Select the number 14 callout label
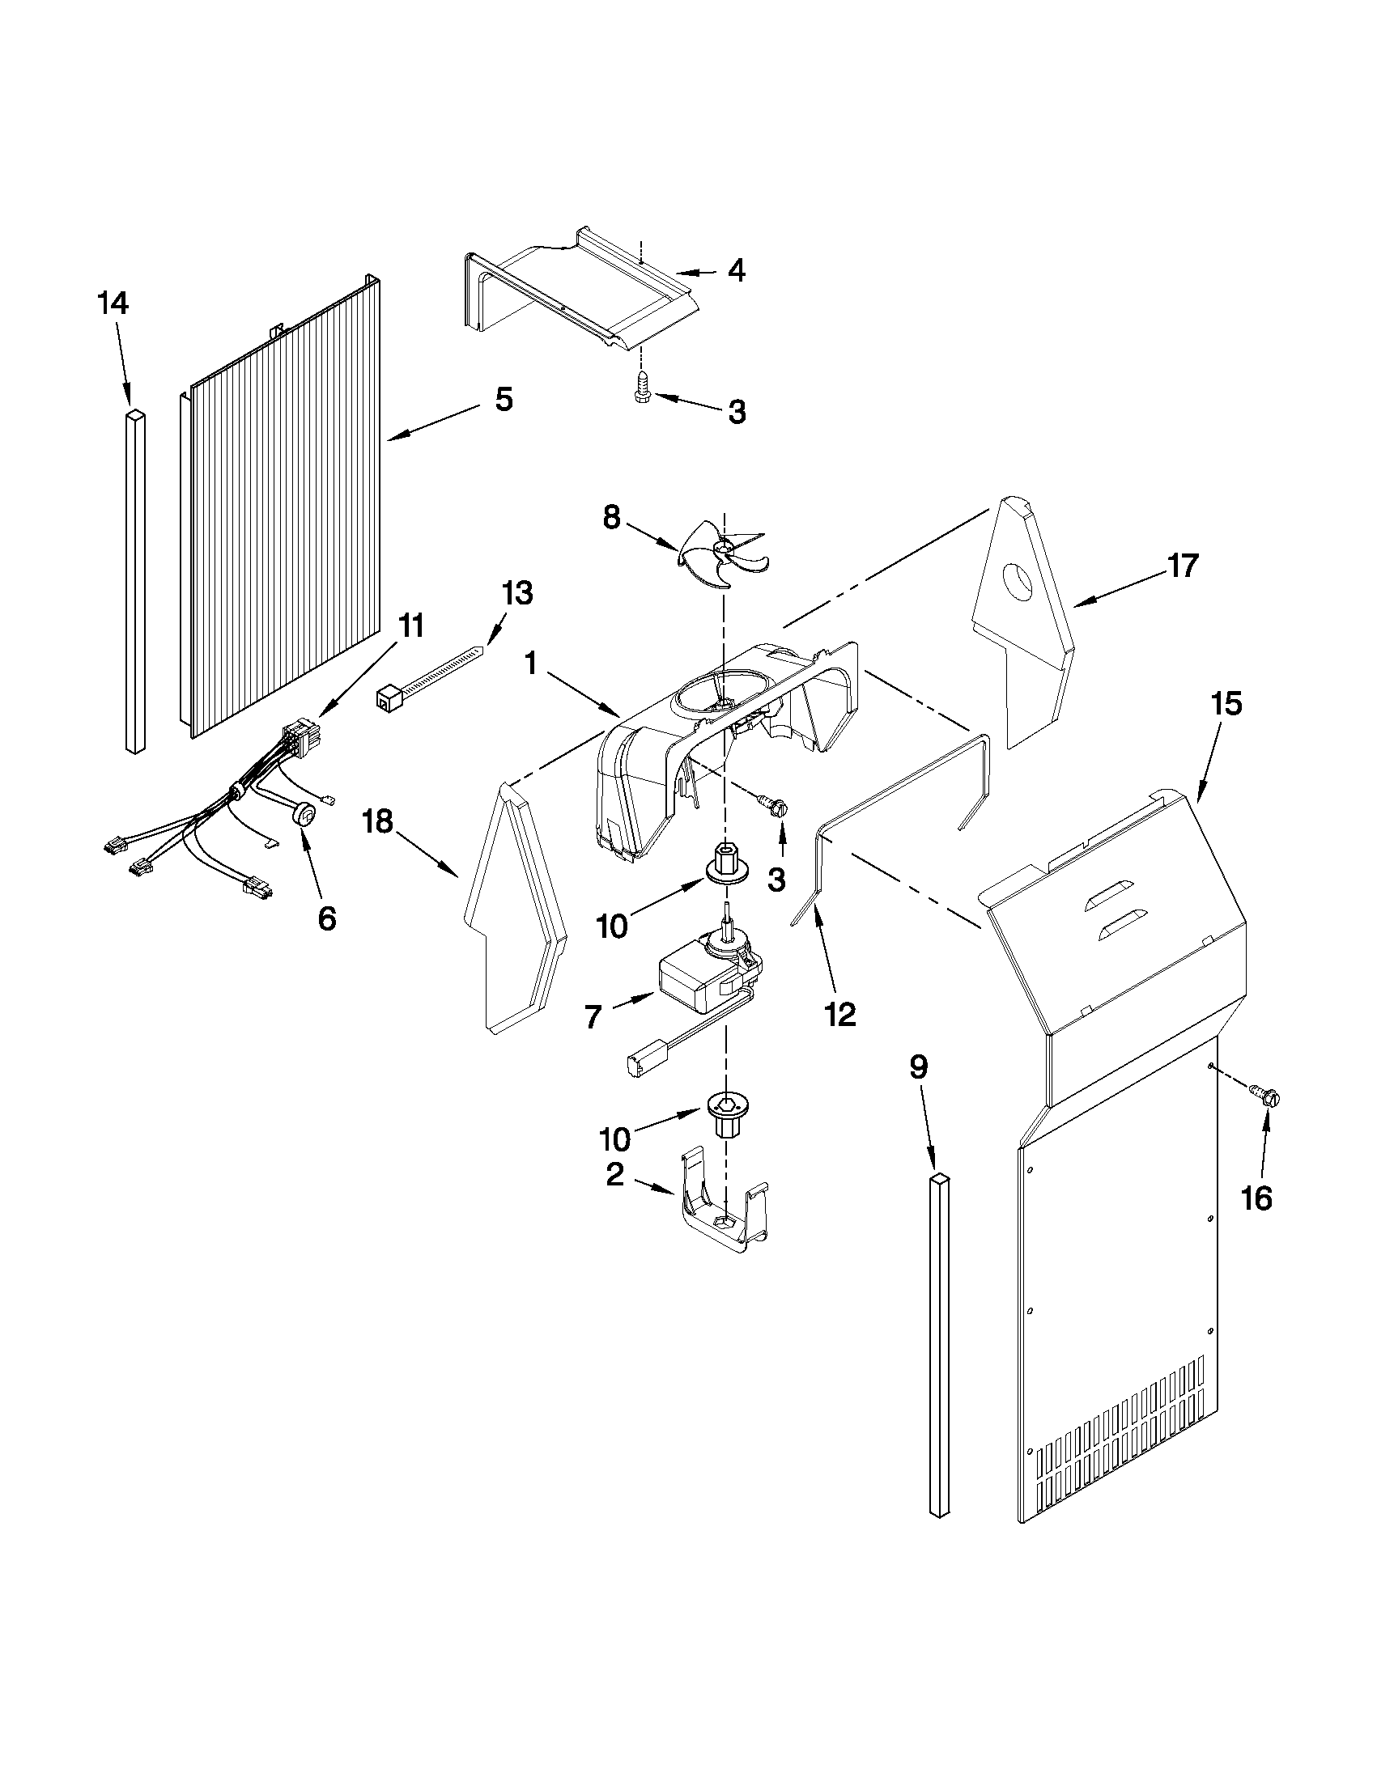[x=113, y=304]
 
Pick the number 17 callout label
[x=1184, y=565]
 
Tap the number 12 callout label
[x=840, y=1014]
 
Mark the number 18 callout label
[x=378, y=821]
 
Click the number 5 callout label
[x=504, y=400]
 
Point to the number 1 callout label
[x=531, y=664]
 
